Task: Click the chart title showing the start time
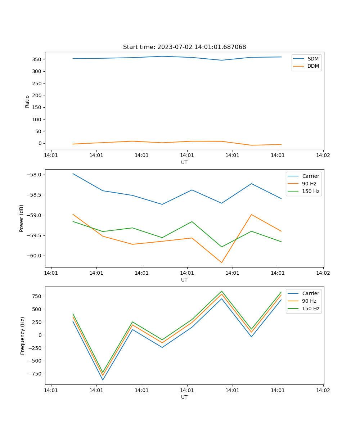[x=184, y=47]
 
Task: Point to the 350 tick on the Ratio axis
[x=38, y=59]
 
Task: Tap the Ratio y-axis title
[x=27, y=102]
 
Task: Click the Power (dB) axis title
[x=22, y=218]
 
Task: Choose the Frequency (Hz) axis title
[x=22, y=336]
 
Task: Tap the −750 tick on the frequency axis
[x=36, y=374]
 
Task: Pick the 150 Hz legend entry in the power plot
[x=310, y=191]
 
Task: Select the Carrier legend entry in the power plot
[x=310, y=176]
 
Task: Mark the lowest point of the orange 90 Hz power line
[x=222, y=262]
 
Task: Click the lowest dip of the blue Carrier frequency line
[x=103, y=380]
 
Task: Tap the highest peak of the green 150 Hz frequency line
[x=222, y=291]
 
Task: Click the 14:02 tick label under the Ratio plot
[x=323, y=156]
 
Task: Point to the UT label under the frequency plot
[x=184, y=397]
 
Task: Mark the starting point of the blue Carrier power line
[x=73, y=174]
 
